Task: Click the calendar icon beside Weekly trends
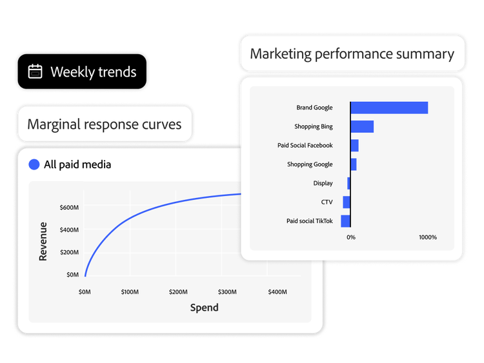[x=35, y=72]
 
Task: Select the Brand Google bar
[x=389, y=108]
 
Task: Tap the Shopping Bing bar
[x=362, y=126]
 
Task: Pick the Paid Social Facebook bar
[x=354, y=145]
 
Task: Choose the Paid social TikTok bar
[x=346, y=221]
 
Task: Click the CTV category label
[x=327, y=202]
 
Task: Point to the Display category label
[x=323, y=183]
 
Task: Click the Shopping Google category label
[x=310, y=164]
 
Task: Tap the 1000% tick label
[x=427, y=237]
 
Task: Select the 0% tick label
[x=350, y=237]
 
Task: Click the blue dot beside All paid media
[x=34, y=164]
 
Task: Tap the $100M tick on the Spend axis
[x=130, y=292]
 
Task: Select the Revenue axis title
[x=43, y=241]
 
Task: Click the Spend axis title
[x=204, y=308]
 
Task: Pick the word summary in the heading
[x=426, y=54]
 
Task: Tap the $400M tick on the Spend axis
[x=277, y=292]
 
